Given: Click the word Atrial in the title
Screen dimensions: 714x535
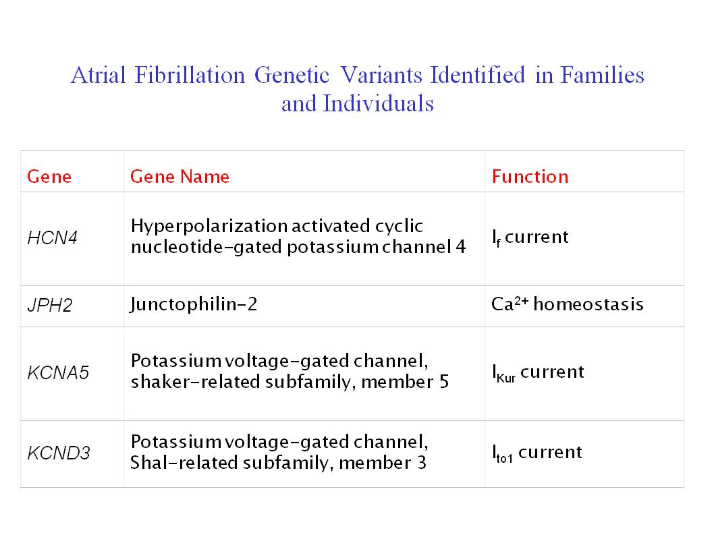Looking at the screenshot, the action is tap(99, 75).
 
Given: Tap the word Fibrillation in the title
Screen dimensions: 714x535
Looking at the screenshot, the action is tap(190, 75).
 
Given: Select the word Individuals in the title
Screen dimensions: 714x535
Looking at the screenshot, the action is tap(379, 103).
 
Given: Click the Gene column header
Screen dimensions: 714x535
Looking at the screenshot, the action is tap(49, 177).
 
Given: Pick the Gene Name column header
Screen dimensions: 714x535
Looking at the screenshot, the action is tap(180, 177).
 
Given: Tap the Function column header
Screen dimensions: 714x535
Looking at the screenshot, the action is tap(530, 177).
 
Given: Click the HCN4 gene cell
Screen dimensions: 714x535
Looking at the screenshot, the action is tap(53, 237).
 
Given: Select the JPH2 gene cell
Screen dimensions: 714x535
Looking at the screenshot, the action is tap(50, 305).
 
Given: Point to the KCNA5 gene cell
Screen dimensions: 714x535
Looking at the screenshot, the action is tap(58, 372).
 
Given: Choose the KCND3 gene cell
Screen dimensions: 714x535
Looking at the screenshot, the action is tap(59, 453).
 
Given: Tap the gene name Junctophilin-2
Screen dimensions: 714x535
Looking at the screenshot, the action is tap(194, 304).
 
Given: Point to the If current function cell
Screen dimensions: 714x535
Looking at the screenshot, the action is tap(530, 237).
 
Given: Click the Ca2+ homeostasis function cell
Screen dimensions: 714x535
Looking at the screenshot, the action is tap(568, 304).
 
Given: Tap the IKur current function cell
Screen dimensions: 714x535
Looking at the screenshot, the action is tap(539, 373).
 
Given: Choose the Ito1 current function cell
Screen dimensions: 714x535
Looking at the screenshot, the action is tap(537, 453).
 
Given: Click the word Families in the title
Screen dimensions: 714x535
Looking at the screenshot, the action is tap(603, 75).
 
